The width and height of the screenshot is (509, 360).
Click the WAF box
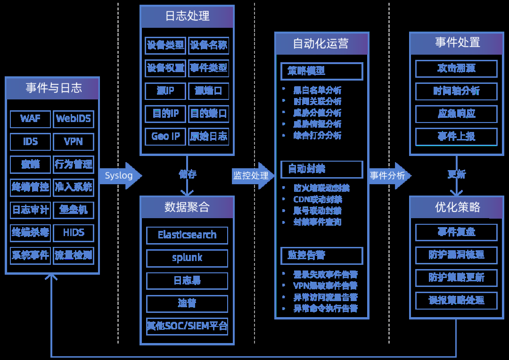click(30, 119)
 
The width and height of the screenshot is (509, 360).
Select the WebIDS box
click(73, 119)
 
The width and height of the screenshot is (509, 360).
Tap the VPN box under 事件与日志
click(73, 142)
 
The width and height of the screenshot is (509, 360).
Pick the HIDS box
click(73, 233)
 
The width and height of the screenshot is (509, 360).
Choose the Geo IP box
click(165, 137)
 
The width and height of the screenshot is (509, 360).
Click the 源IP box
click(165, 91)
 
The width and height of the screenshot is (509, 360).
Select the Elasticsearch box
click(187, 235)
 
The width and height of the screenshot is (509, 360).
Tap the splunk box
click(187, 258)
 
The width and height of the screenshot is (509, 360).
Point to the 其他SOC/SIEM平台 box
click(187, 326)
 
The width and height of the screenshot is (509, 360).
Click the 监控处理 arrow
click(252, 176)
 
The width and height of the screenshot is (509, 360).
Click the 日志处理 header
click(187, 16)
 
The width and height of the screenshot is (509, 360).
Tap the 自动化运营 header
click(321, 44)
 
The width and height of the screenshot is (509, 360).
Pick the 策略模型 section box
click(321, 72)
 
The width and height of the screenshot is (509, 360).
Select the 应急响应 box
click(456, 114)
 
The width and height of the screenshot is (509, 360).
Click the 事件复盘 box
click(456, 232)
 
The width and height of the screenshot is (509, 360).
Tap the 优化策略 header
click(456, 207)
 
